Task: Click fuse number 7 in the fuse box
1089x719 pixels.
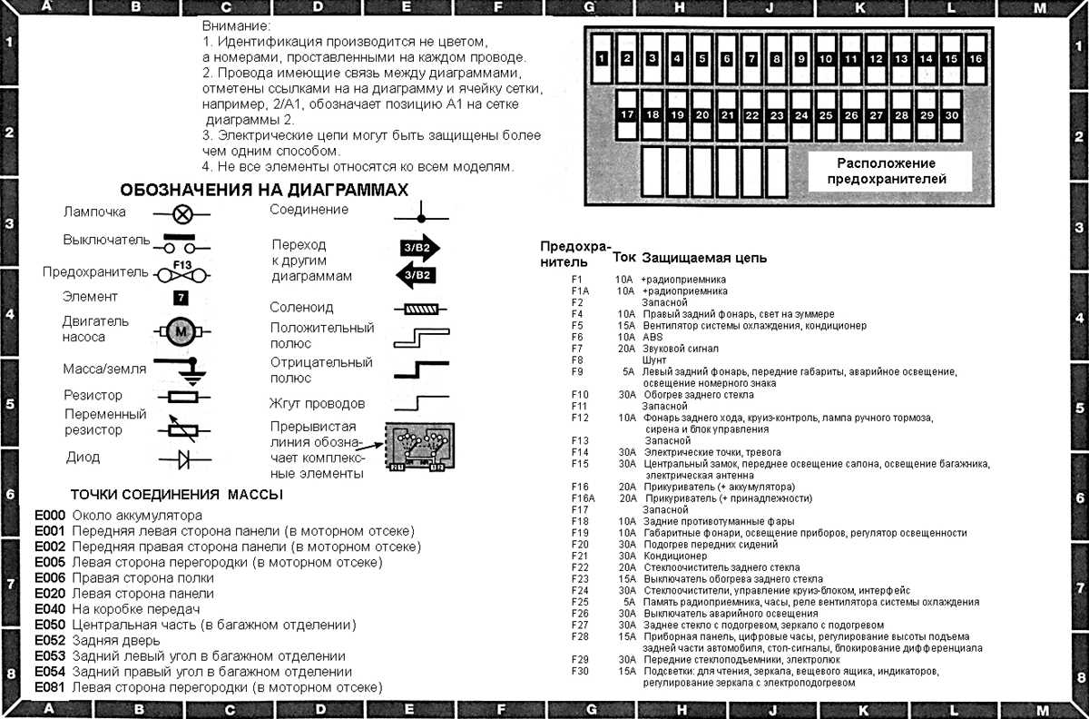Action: click(751, 59)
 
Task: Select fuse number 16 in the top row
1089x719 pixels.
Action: click(976, 59)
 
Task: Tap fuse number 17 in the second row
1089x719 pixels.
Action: click(627, 115)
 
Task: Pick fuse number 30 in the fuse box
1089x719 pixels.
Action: click(951, 115)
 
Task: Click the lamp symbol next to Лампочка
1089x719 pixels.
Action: click(182, 214)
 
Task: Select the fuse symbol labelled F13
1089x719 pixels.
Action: click(182, 272)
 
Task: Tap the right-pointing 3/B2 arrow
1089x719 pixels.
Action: click(418, 247)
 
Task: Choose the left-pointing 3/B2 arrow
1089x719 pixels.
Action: click(418, 274)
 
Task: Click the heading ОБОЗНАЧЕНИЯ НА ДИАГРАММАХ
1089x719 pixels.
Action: click(264, 190)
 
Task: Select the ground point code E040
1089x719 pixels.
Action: click(50, 608)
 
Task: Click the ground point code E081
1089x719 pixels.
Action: click(50, 688)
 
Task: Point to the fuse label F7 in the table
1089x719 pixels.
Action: click(577, 349)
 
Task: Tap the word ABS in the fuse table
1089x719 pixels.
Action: click(652, 337)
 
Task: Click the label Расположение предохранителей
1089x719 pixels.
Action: click(886, 171)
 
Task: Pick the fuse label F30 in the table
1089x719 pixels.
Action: click(580, 671)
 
